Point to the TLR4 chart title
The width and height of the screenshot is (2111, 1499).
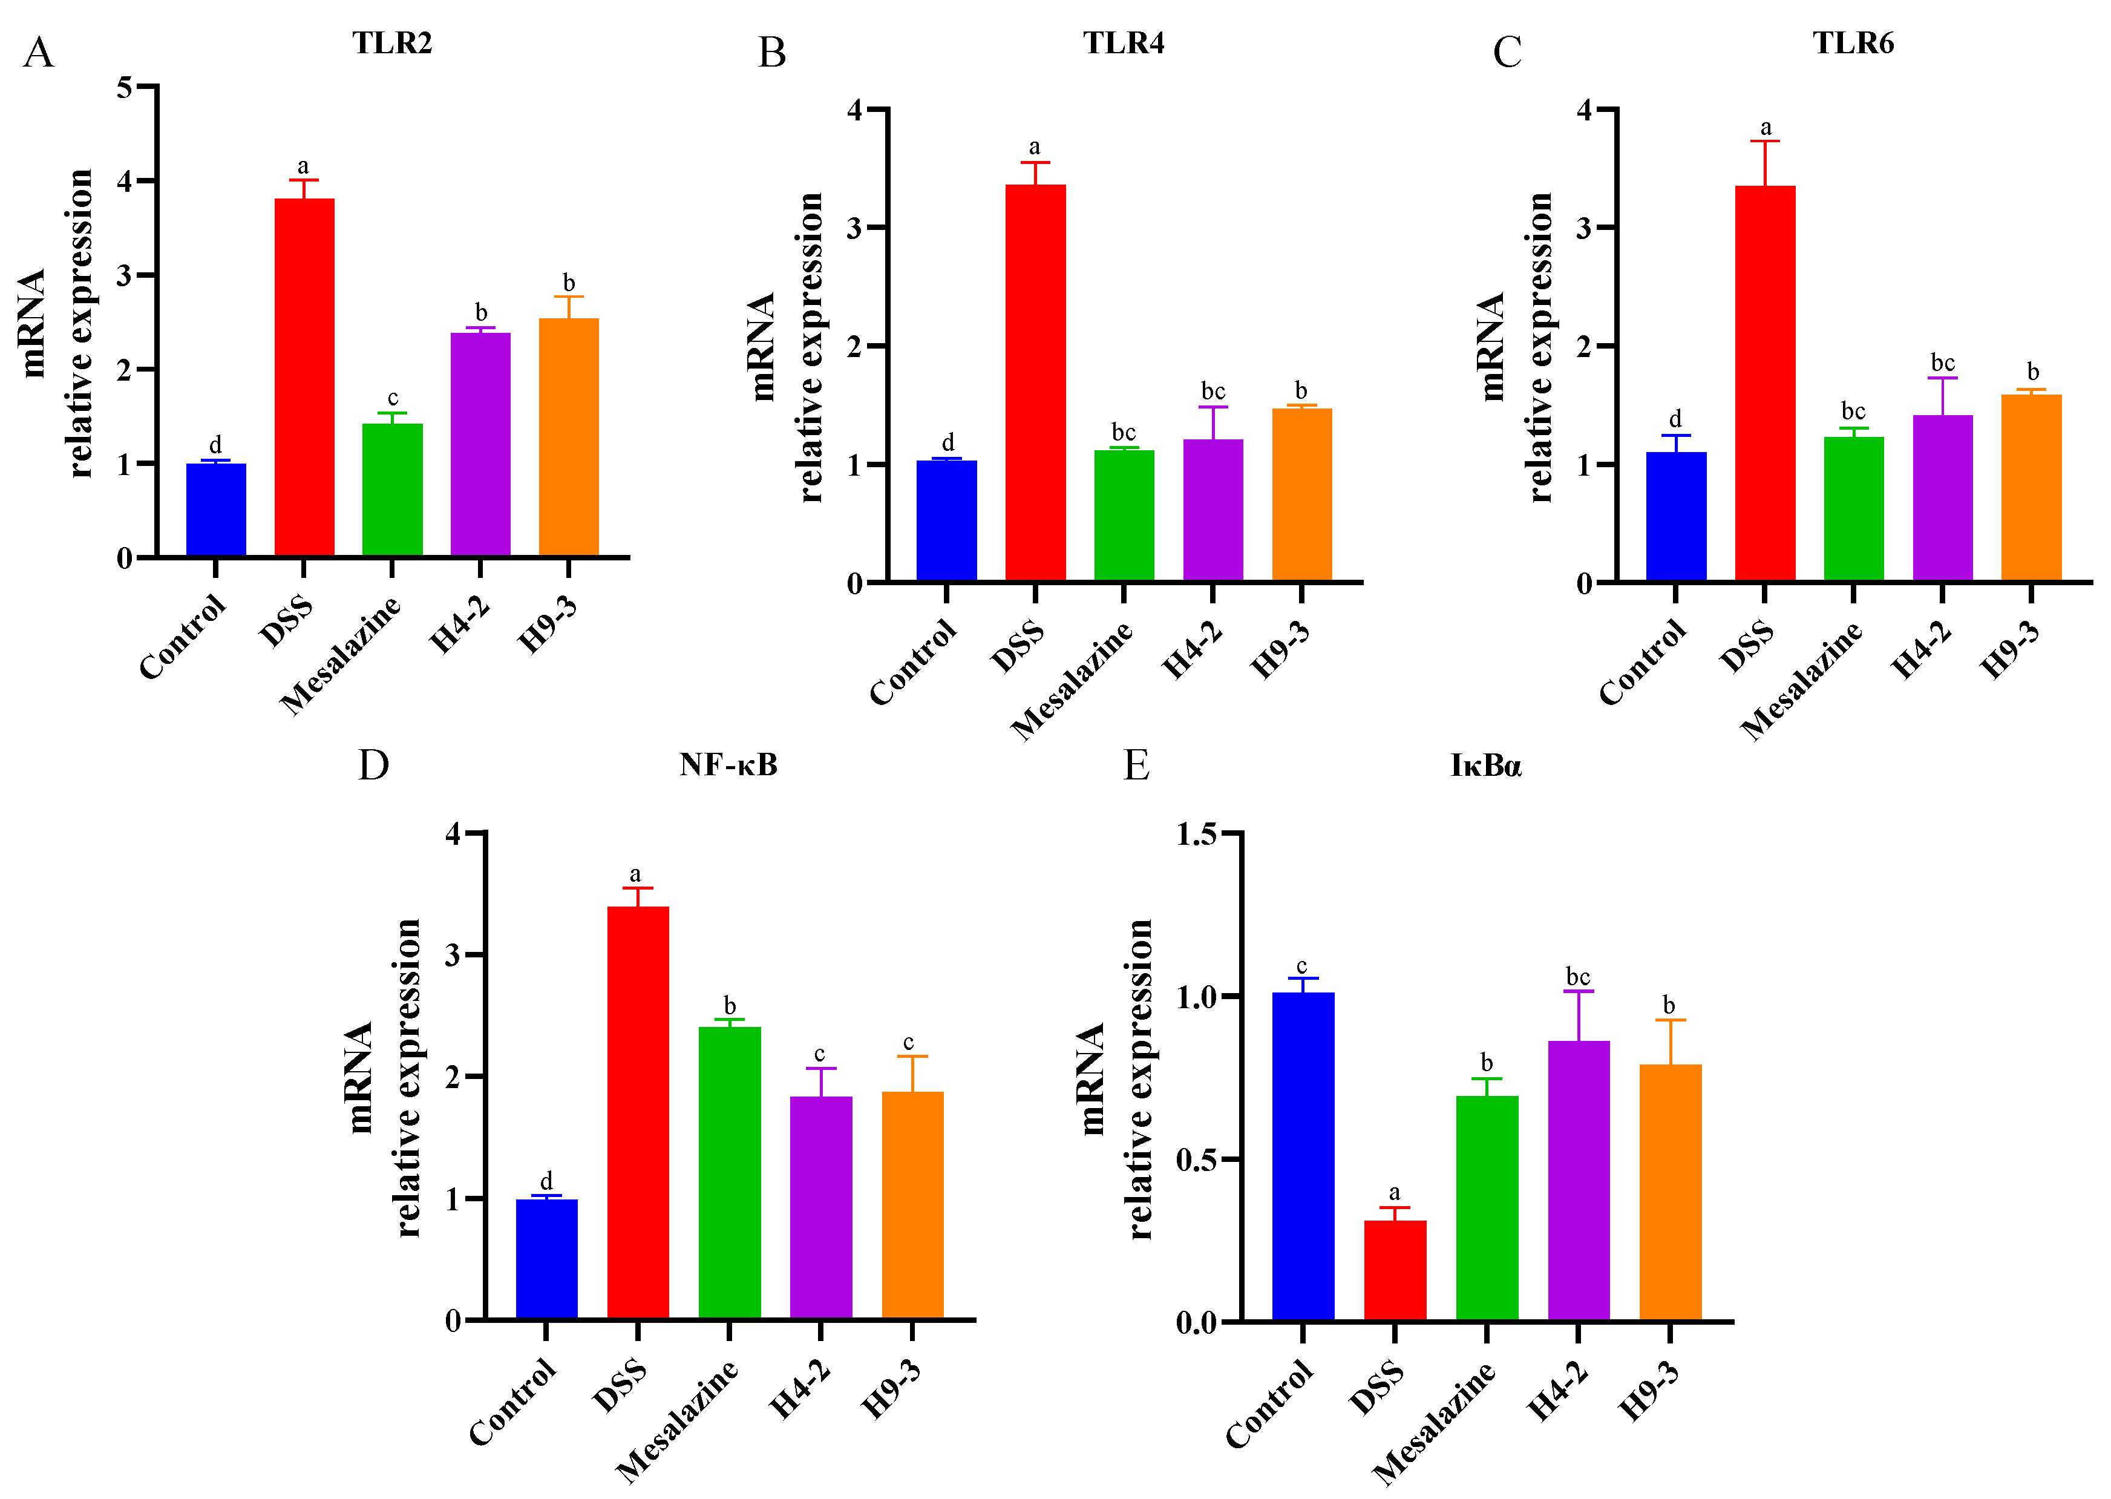click(x=1123, y=44)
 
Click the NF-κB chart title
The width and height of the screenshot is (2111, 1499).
click(x=728, y=765)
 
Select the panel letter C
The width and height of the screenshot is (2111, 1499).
click(x=1507, y=53)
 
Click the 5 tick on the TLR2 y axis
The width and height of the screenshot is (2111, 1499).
click(x=125, y=88)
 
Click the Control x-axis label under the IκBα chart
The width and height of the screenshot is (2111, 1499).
click(x=1269, y=1403)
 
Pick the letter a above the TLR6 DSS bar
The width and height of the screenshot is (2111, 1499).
click(x=1765, y=127)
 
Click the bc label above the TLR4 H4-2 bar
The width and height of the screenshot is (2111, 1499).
click(x=1213, y=392)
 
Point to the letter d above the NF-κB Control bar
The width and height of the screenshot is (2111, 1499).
click(x=546, y=1181)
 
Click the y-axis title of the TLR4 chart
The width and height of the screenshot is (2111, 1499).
click(x=785, y=347)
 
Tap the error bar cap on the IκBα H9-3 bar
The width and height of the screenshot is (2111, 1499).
click(x=1670, y=1020)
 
